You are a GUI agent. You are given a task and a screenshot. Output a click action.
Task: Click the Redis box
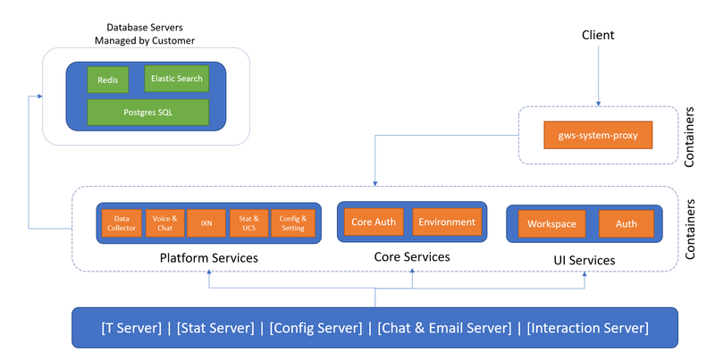tap(108, 80)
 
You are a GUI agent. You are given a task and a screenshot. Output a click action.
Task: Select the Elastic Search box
tap(176, 79)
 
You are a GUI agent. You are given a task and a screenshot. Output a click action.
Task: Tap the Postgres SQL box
tap(147, 113)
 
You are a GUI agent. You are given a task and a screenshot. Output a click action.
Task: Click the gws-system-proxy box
tap(598, 136)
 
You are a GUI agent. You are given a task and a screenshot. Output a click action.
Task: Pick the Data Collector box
tap(121, 222)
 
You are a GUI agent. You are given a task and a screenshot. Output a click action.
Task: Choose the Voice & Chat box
tap(163, 222)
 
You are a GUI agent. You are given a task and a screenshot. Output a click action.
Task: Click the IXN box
tap(206, 222)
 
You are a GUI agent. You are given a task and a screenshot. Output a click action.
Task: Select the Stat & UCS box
tap(248, 222)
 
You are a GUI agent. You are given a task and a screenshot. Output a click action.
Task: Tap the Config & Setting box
tap(292, 222)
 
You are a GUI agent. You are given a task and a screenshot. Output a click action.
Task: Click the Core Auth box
tap(373, 222)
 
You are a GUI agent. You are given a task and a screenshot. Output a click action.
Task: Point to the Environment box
tap(446, 222)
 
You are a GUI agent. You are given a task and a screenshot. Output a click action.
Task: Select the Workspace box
tap(551, 223)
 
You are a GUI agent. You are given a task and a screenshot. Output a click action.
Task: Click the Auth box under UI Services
tap(626, 223)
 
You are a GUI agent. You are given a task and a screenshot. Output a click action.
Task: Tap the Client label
tap(598, 36)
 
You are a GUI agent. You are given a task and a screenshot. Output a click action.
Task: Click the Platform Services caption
tap(208, 258)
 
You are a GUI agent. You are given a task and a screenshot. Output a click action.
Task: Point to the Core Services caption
tap(411, 256)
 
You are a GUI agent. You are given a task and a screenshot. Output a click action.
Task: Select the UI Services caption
tap(585, 260)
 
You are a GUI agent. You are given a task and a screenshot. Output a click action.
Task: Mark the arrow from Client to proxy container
tap(598, 76)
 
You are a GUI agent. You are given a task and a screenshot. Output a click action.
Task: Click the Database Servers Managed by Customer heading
tap(144, 34)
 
